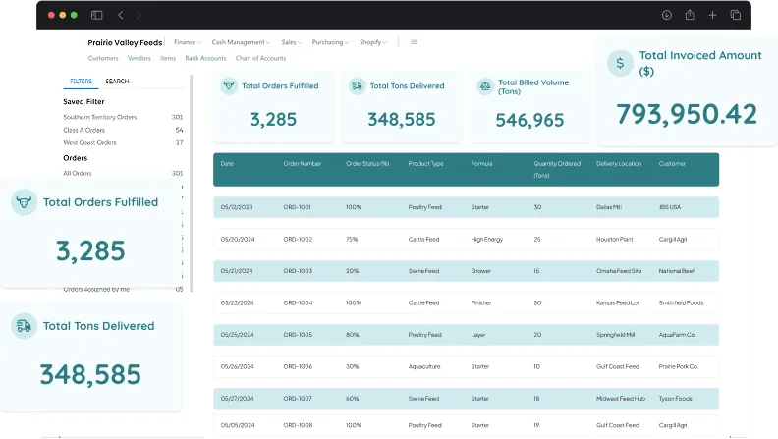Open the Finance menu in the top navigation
point(185,42)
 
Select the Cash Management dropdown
point(239,42)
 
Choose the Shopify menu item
point(370,42)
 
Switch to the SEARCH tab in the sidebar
point(117,82)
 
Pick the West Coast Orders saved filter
point(89,142)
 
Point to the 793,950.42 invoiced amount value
point(687,114)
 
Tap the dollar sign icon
point(619,64)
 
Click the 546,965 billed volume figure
point(529,120)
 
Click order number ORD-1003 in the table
point(298,270)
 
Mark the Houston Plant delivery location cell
point(615,239)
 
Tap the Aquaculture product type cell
point(426,365)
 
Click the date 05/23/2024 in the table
point(238,302)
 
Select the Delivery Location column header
point(619,163)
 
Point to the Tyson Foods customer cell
point(677,398)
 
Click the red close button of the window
point(49,15)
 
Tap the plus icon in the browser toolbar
point(712,15)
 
